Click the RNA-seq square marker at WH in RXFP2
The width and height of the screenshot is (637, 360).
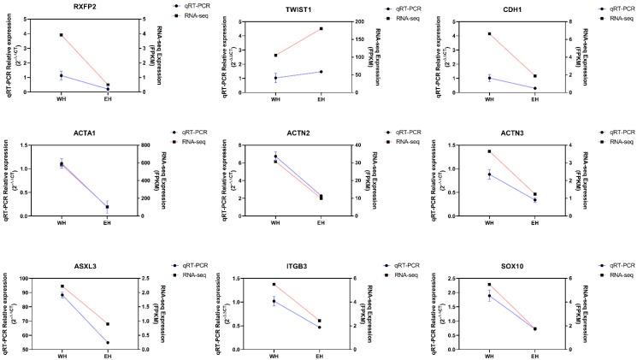click(62, 35)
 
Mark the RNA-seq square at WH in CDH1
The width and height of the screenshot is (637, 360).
click(489, 34)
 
